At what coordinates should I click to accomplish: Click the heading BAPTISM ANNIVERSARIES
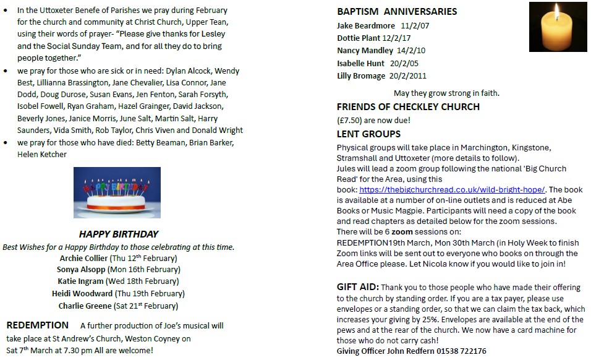(x=397, y=11)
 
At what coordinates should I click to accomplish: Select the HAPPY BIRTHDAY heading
(x=119, y=234)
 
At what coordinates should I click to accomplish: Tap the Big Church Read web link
(x=452, y=190)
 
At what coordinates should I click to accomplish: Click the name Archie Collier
(x=83, y=258)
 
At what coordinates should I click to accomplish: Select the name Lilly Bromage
(x=361, y=76)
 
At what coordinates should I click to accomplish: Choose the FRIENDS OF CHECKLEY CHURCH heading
(x=408, y=107)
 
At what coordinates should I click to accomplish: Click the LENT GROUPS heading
(x=368, y=134)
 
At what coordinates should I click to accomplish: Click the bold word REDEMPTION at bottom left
(x=38, y=325)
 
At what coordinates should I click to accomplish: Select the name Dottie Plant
(x=359, y=38)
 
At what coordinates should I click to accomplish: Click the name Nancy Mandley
(x=365, y=51)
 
